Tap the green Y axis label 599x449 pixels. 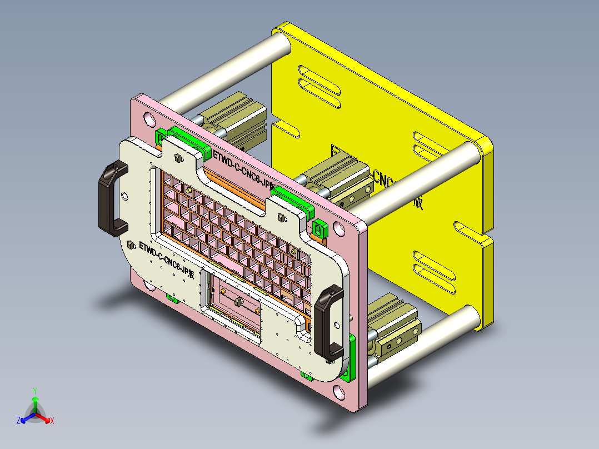point(34,391)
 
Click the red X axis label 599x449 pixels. point(52,421)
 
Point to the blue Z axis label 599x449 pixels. point(18,421)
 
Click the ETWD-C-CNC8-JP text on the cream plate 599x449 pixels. point(166,258)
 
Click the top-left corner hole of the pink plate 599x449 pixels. point(149,119)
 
